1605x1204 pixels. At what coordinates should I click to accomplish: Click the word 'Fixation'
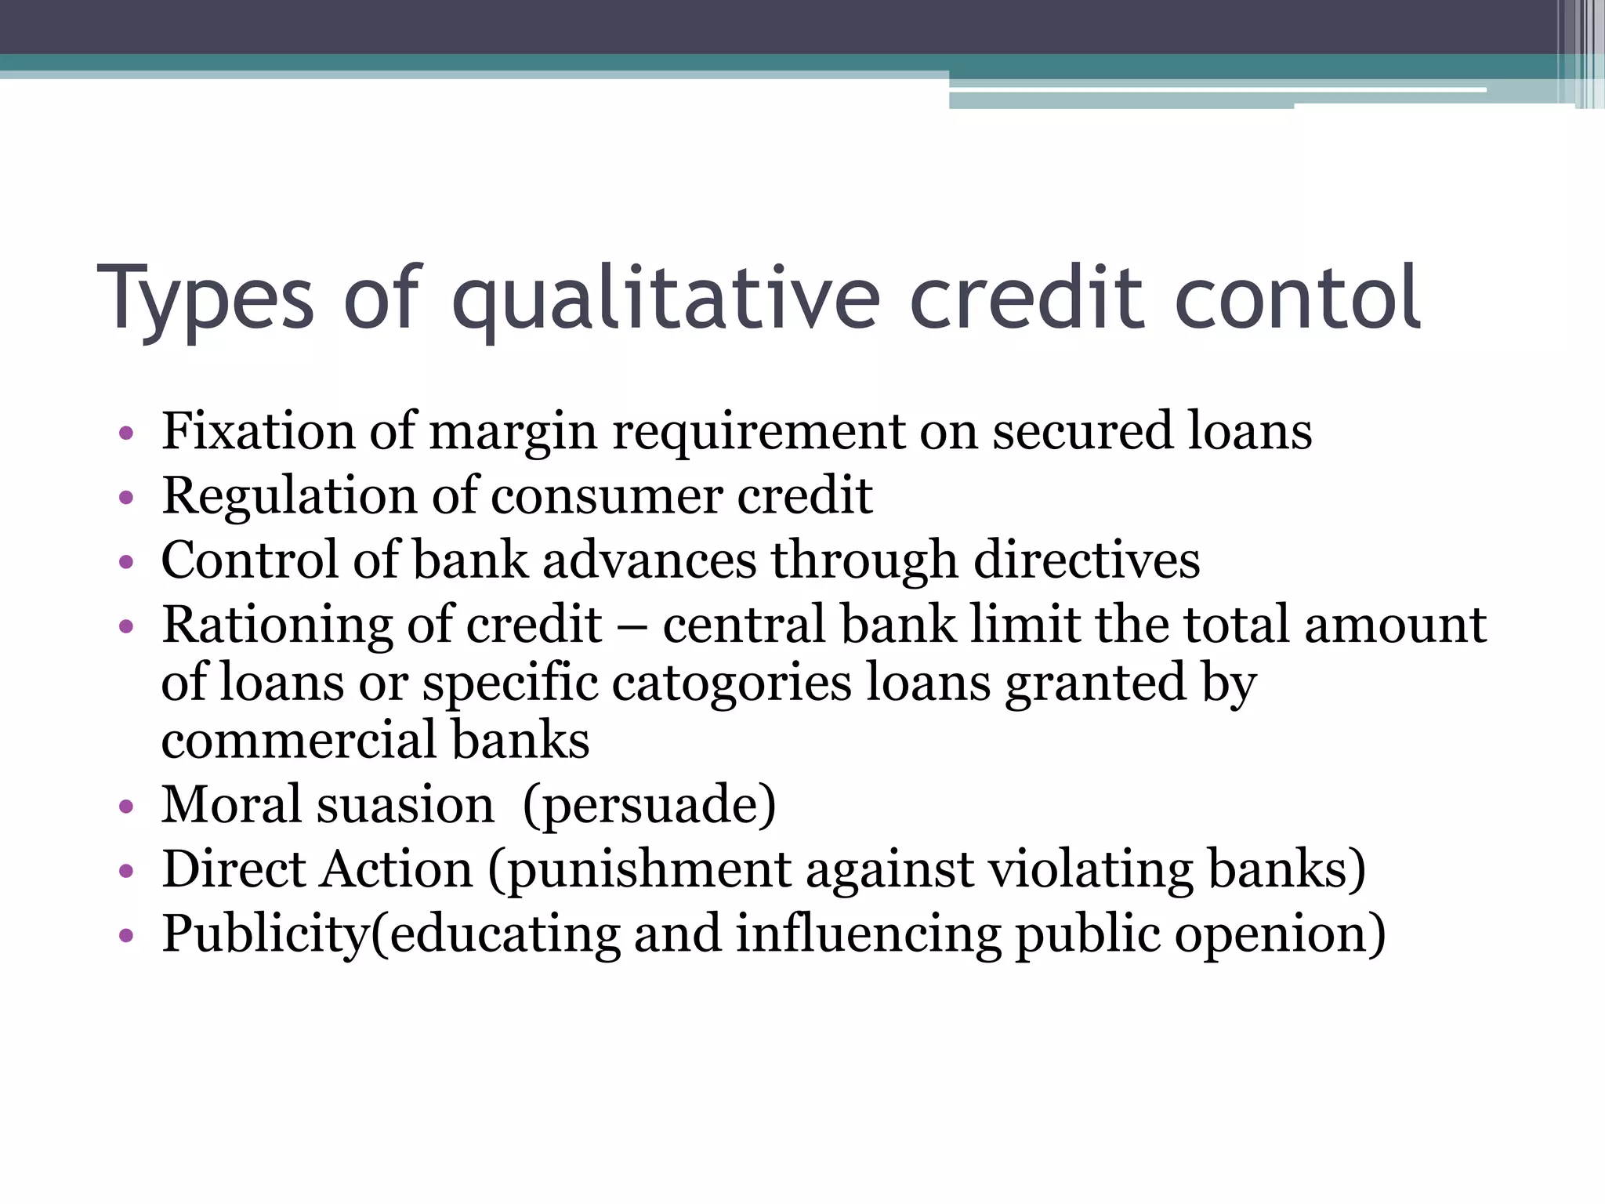pyautogui.click(x=258, y=431)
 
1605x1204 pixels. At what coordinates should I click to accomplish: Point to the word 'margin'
pyautogui.click(x=513, y=433)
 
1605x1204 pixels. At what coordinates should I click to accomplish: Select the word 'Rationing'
pyautogui.click(x=277, y=626)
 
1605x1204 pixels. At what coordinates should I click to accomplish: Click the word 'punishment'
pyautogui.click(x=650, y=870)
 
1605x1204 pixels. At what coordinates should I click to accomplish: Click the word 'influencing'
pyautogui.click(x=868, y=934)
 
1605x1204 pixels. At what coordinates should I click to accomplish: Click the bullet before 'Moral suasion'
pyautogui.click(x=126, y=807)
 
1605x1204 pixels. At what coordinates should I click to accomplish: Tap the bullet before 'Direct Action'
pyautogui.click(x=126, y=872)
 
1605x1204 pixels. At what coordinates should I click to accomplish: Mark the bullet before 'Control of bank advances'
pyautogui.click(x=126, y=562)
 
